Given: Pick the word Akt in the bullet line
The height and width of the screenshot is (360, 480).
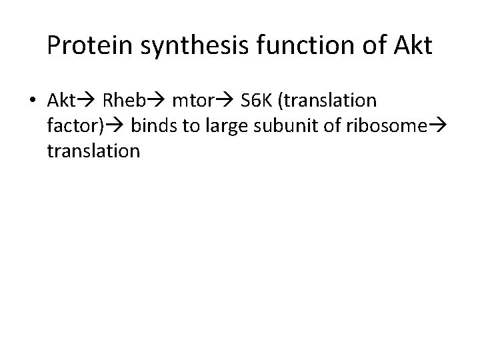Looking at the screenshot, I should tap(63, 101).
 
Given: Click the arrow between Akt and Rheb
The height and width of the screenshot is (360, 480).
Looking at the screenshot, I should tap(89, 101).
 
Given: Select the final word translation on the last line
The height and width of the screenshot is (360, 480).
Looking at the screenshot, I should tap(93, 151).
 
